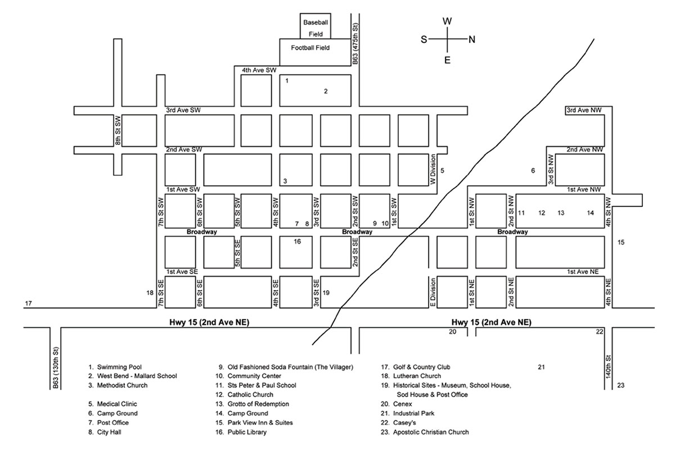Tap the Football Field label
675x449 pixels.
pos(310,48)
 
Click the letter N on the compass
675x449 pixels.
pos(472,39)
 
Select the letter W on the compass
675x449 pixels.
pos(447,21)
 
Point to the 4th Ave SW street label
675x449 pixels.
pos(259,70)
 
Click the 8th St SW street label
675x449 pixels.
pos(118,130)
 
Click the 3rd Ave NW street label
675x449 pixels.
pos(585,110)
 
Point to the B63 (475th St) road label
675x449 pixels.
pos(355,44)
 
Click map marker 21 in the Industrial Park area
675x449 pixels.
pos(541,368)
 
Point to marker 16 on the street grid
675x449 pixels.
pos(298,242)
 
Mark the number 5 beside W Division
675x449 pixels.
pos(443,170)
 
